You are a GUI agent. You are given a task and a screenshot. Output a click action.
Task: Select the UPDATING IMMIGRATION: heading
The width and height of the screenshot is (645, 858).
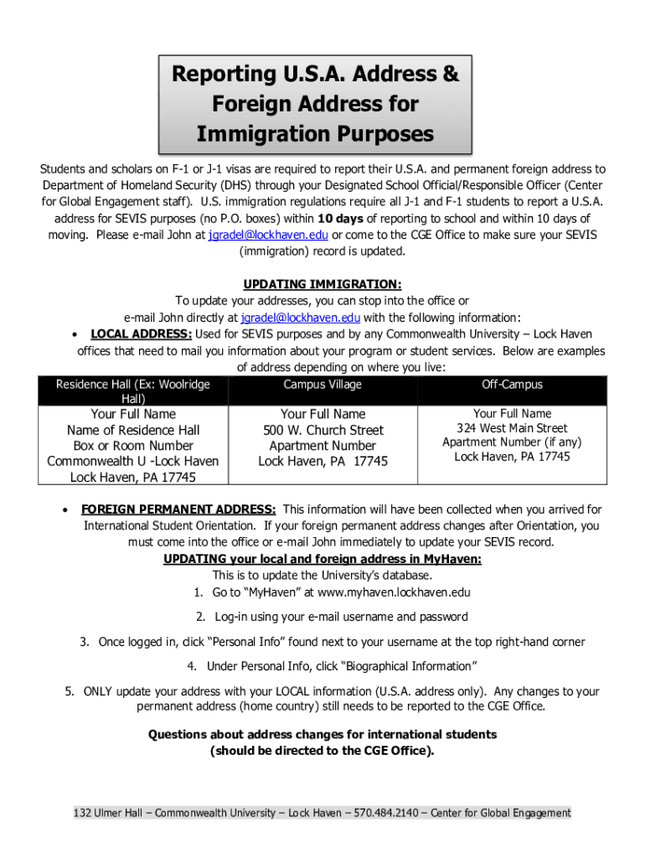tap(322, 285)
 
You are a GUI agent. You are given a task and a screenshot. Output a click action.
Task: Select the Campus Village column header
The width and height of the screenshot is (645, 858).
tap(322, 385)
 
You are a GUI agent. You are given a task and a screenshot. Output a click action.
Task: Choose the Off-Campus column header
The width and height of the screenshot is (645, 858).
tap(512, 385)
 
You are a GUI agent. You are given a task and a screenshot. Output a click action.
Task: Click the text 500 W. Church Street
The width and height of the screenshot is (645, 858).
tap(322, 430)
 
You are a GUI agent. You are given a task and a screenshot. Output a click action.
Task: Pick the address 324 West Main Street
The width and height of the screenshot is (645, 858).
tap(512, 428)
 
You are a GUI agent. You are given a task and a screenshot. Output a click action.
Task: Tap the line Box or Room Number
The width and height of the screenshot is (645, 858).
tap(133, 446)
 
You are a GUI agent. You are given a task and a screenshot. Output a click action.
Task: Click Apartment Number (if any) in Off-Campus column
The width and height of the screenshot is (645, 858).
tap(512, 442)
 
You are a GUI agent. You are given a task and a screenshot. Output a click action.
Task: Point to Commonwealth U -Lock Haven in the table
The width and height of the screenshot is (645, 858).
tap(133, 462)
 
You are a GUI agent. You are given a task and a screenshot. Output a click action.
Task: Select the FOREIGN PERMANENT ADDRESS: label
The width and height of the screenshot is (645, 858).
tap(178, 509)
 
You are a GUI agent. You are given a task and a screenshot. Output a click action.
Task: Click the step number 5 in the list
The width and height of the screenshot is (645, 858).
tap(70, 691)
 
